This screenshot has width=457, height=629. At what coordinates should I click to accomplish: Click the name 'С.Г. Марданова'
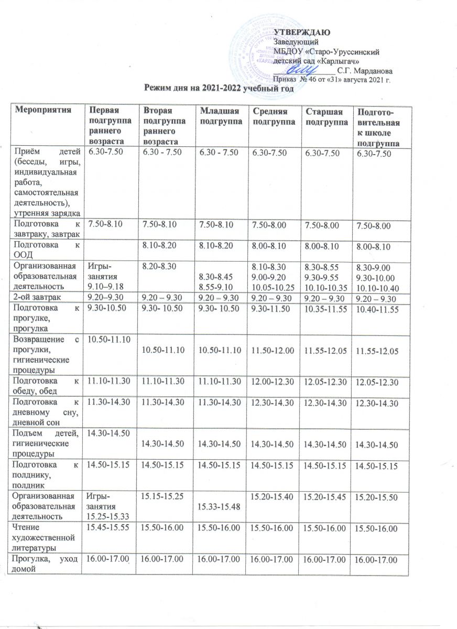(366, 69)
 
